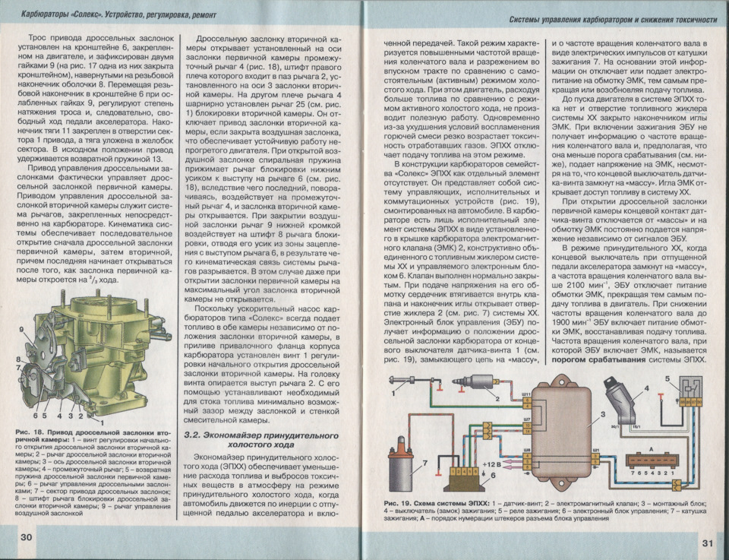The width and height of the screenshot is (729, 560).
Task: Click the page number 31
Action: (706, 543)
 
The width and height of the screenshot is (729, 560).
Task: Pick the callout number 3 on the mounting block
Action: (603, 414)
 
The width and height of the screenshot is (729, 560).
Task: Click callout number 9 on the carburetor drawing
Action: (24, 331)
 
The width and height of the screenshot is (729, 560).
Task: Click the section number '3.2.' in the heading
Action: (194, 435)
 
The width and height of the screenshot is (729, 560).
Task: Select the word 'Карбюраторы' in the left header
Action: (45, 14)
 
